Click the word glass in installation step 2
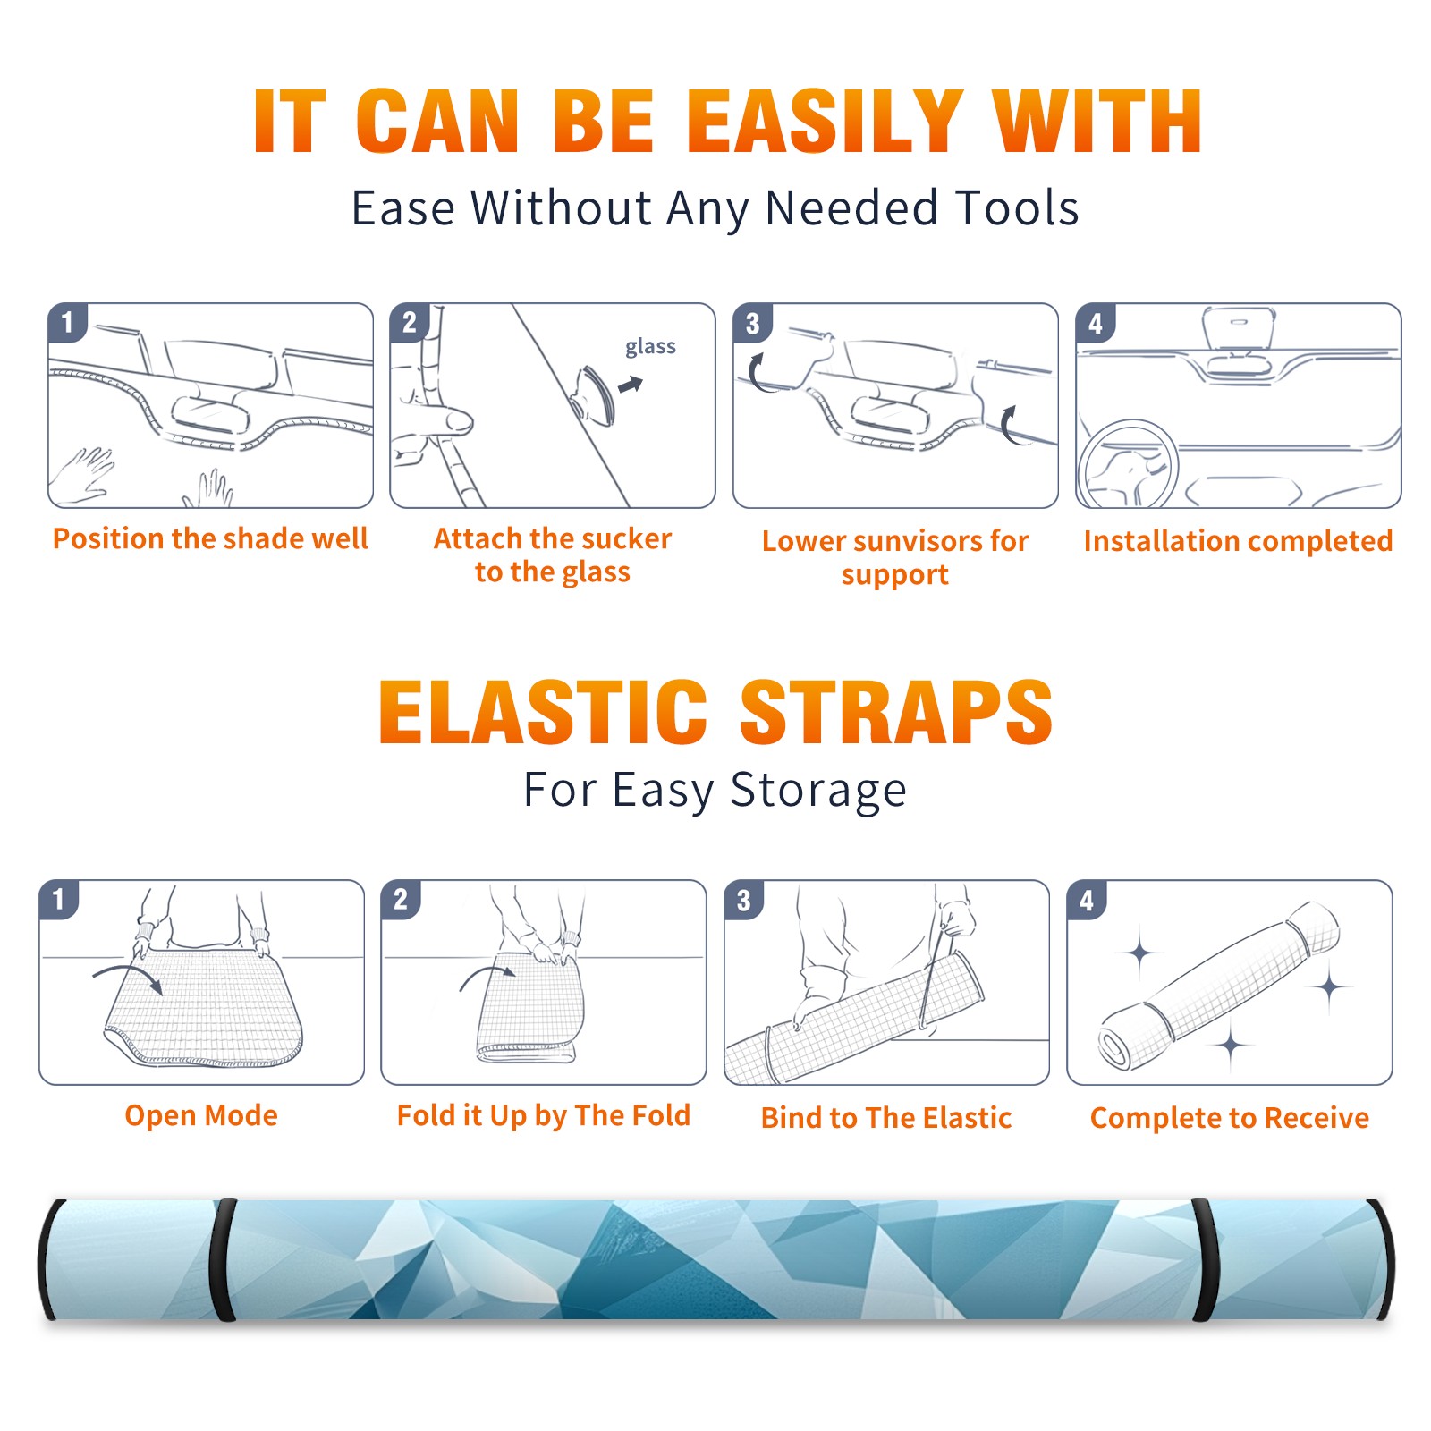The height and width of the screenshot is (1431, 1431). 650,347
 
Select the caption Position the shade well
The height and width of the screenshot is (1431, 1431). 210,538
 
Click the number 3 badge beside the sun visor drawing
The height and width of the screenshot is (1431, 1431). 752,323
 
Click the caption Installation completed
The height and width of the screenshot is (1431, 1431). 1238,541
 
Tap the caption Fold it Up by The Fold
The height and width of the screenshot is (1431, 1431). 544,1115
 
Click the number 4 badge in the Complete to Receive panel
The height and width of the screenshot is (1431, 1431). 1087,900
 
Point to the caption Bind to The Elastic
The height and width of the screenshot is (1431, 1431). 886,1118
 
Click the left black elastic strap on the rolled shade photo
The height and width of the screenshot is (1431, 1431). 224,1259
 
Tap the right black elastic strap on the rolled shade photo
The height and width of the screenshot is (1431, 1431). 1204,1259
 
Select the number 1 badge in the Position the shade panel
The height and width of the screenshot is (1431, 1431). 67,323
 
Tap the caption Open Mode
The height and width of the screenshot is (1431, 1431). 201,1116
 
